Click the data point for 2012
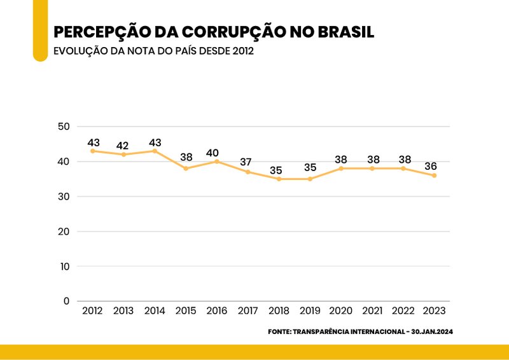[x=92, y=151]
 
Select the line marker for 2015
[x=186, y=169]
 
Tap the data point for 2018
[x=279, y=179]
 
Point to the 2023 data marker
[x=435, y=176]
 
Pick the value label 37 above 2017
[x=246, y=162]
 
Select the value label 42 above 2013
[x=123, y=146]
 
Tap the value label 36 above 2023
[x=431, y=167]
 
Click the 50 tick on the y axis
[x=63, y=127]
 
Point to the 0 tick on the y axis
[x=66, y=301]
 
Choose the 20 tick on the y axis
[x=63, y=232]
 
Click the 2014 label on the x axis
[x=155, y=311]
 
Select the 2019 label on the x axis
[x=310, y=311]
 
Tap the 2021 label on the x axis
[x=372, y=311]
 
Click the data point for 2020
[x=341, y=169]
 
